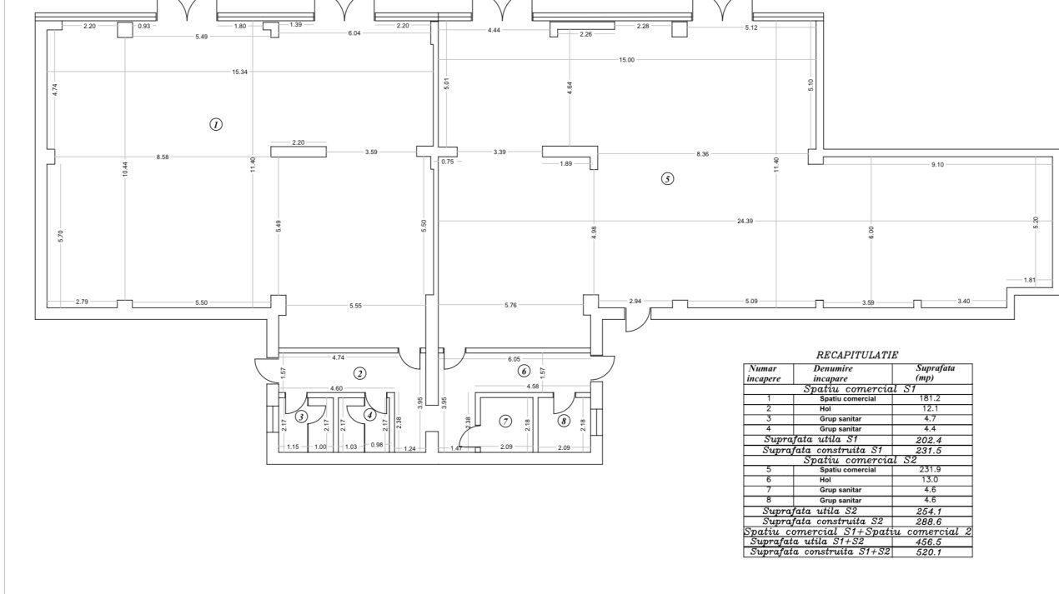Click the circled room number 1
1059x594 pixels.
pyautogui.click(x=216, y=125)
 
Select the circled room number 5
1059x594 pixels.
pyautogui.click(x=667, y=179)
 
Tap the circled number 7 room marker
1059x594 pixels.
pyautogui.click(x=506, y=422)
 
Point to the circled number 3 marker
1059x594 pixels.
pyautogui.click(x=301, y=417)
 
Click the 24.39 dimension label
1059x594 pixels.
pyautogui.click(x=745, y=221)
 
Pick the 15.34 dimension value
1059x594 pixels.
pyautogui.click(x=239, y=72)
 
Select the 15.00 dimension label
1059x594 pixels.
pyautogui.click(x=626, y=60)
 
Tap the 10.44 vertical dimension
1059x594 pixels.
pyautogui.click(x=125, y=169)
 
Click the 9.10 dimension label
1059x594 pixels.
pyautogui.click(x=937, y=165)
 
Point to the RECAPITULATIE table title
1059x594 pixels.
pyautogui.click(x=857, y=355)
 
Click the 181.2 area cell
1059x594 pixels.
pyautogui.click(x=930, y=398)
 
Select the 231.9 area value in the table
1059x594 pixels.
pyautogui.click(x=930, y=469)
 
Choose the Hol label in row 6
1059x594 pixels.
pyautogui.click(x=826, y=480)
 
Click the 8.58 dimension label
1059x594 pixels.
pyautogui.click(x=162, y=157)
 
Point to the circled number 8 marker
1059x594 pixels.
pyautogui.click(x=564, y=421)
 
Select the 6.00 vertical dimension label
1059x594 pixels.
pyautogui.click(x=871, y=232)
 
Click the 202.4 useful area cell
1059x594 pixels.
pyautogui.click(x=929, y=440)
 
